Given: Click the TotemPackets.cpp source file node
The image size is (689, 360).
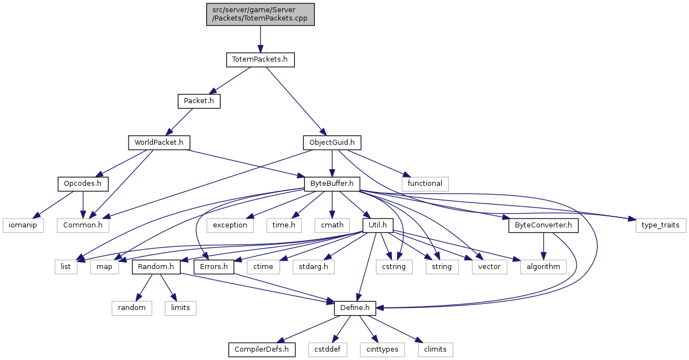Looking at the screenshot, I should coord(260,14).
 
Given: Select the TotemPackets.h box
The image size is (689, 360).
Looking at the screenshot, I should coord(260,59).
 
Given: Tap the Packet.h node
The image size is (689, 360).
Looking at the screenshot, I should coord(198,101).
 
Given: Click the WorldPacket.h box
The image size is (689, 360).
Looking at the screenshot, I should coord(159,143).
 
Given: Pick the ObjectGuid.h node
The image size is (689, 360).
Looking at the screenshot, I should coord(331,143).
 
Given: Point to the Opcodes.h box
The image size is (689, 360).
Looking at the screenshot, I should coord(83,183).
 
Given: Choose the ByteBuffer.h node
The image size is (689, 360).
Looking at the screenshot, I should coord(332,183).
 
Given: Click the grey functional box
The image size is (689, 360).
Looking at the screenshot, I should coord(425,183).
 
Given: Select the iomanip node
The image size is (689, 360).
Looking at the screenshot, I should coord(23,226).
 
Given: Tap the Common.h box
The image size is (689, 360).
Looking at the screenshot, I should coord(83,226).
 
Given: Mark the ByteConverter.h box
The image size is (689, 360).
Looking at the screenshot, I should coord(543,226).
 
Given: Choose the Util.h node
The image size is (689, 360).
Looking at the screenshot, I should coord(377,226).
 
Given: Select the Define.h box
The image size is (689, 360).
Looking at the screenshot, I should coord(355,307).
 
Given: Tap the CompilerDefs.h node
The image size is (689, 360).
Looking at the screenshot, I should coord(262,349).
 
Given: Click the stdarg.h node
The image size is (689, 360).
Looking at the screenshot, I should coord(314,267).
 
